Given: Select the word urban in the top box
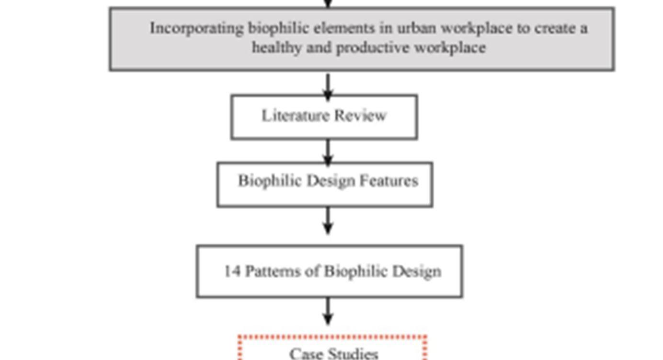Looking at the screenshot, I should tap(416, 28).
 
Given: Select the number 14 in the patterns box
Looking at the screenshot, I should tap(232, 271).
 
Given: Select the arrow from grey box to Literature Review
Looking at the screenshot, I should tap(328, 85).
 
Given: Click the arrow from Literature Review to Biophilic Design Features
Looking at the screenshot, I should tap(328, 152).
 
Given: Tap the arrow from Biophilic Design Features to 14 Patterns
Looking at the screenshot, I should tap(328, 221).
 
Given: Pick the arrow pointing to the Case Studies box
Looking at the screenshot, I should tap(328, 312).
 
